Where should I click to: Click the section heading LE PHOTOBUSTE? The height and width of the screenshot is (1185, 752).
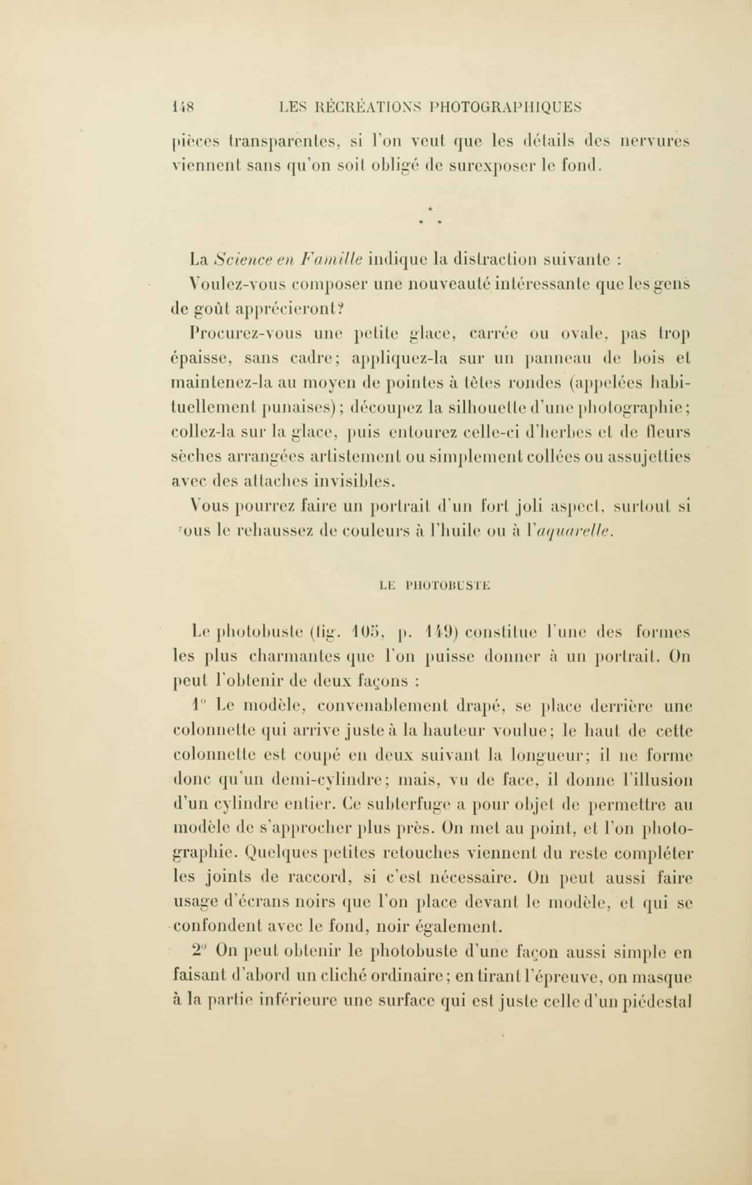(434, 586)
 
